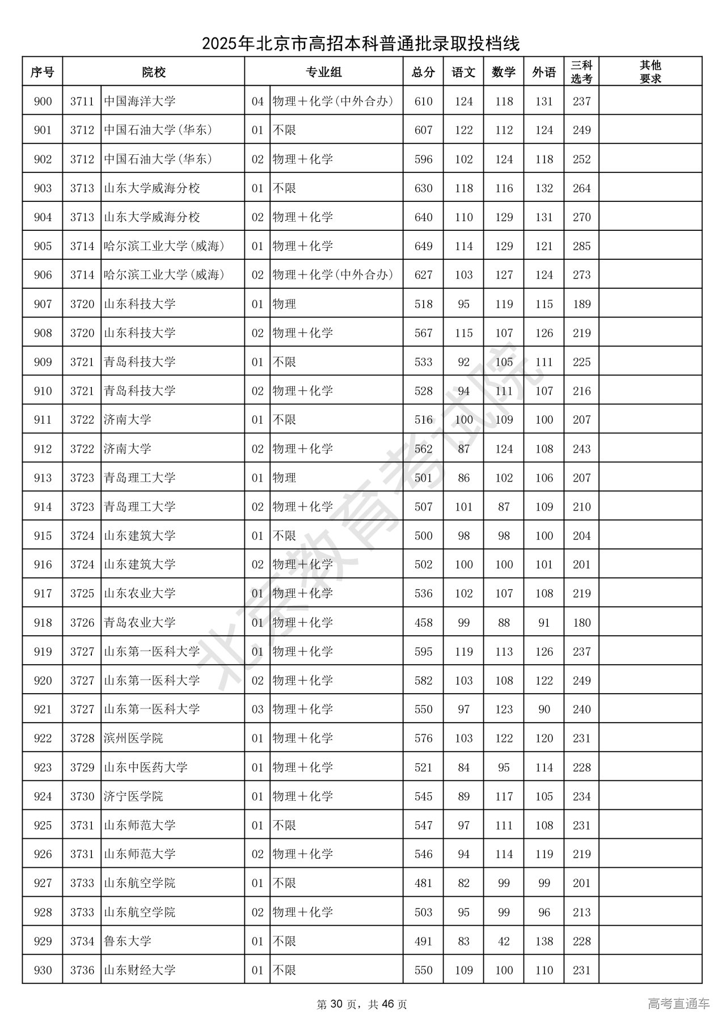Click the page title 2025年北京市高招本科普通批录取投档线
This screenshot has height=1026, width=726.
coord(361,43)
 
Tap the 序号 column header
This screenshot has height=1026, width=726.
coord(43,72)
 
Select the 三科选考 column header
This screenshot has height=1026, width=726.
coord(581,72)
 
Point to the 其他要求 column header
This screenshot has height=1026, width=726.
coord(650,72)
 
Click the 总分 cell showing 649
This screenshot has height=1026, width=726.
coord(423,246)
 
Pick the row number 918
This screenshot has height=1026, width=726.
coord(43,623)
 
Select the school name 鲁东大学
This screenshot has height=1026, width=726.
coord(128,941)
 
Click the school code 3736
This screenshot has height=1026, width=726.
coord(82,970)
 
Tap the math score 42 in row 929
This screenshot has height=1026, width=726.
coord(504,941)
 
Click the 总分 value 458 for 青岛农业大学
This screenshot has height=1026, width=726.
coord(423,623)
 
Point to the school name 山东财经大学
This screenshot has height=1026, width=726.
coord(140,970)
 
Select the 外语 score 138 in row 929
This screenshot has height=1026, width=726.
coord(544,941)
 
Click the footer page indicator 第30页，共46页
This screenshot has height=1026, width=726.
coord(361,1004)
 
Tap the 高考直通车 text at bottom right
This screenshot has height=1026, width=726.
coord(678,1004)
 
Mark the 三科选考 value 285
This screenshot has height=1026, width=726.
coord(581,246)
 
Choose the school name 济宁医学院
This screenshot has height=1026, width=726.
coord(133,796)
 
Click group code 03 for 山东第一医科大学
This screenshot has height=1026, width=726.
coord(258,710)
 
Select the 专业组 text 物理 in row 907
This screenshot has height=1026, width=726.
coord(284,304)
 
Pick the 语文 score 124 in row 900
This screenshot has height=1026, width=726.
coord(463,102)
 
